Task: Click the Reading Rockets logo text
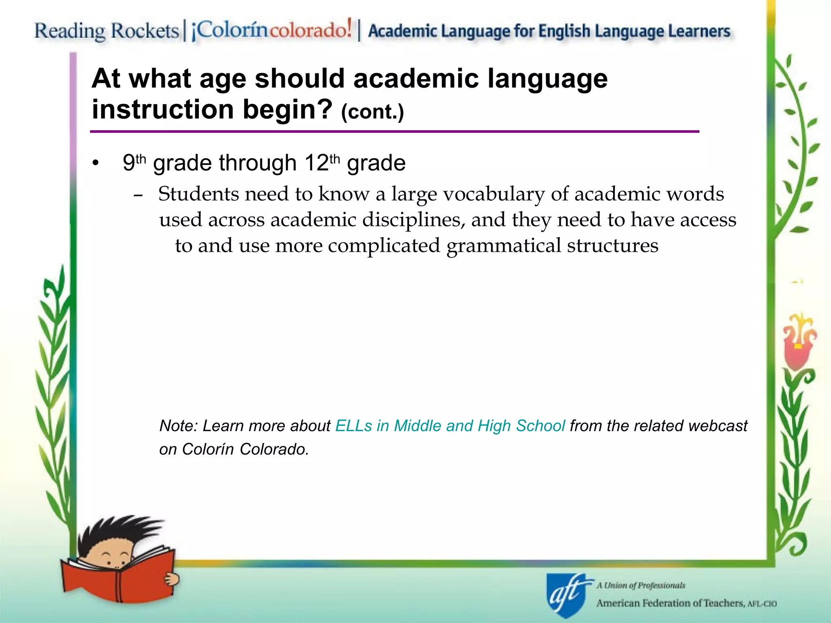pyautogui.click(x=106, y=31)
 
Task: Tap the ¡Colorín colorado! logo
pyautogui.click(x=271, y=30)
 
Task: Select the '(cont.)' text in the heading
pyautogui.click(x=372, y=112)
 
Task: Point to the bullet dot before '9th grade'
pyautogui.click(x=95, y=164)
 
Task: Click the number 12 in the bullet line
pyautogui.click(x=316, y=163)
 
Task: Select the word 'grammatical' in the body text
pyautogui.click(x=503, y=246)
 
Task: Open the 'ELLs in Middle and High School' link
pyautogui.click(x=450, y=426)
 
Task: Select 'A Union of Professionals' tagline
pyautogui.click(x=641, y=585)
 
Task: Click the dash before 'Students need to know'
pyautogui.click(x=138, y=196)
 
